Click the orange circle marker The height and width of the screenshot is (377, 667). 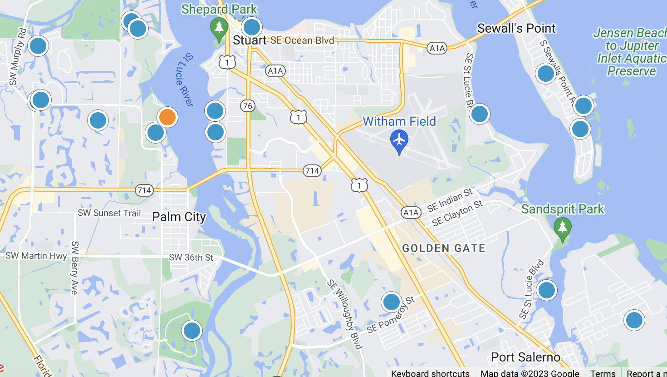click(x=167, y=117)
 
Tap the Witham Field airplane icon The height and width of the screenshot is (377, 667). click(x=399, y=140)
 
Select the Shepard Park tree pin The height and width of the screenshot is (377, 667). click(x=219, y=28)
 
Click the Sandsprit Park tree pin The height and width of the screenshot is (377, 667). click(x=563, y=228)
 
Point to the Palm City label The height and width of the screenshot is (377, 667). click(x=179, y=217)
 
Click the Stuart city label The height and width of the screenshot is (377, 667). click(x=249, y=40)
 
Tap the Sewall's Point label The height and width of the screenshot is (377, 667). click(x=516, y=28)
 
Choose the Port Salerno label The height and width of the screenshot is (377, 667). click(x=525, y=357)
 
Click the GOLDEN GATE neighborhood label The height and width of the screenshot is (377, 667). click(x=444, y=248)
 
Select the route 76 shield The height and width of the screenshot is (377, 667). click(x=247, y=106)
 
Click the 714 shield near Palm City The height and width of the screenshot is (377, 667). click(x=144, y=190)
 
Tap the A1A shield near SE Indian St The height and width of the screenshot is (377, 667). click(x=411, y=212)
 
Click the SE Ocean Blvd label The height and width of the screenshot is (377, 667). click(x=302, y=40)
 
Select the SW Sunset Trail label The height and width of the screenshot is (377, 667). click(x=109, y=213)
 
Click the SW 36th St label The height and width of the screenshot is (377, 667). click(x=191, y=258)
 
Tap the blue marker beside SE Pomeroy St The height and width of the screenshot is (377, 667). click(x=391, y=302)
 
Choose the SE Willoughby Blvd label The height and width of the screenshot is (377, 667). click(x=344, y=314)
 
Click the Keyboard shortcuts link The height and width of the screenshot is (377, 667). click(x=430, y=373)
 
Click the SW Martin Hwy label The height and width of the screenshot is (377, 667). click(x=36, y=256)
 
